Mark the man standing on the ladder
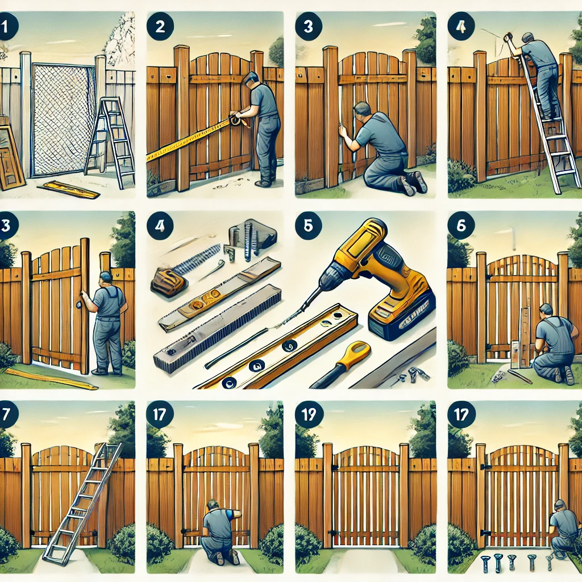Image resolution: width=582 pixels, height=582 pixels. pos(540,74)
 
